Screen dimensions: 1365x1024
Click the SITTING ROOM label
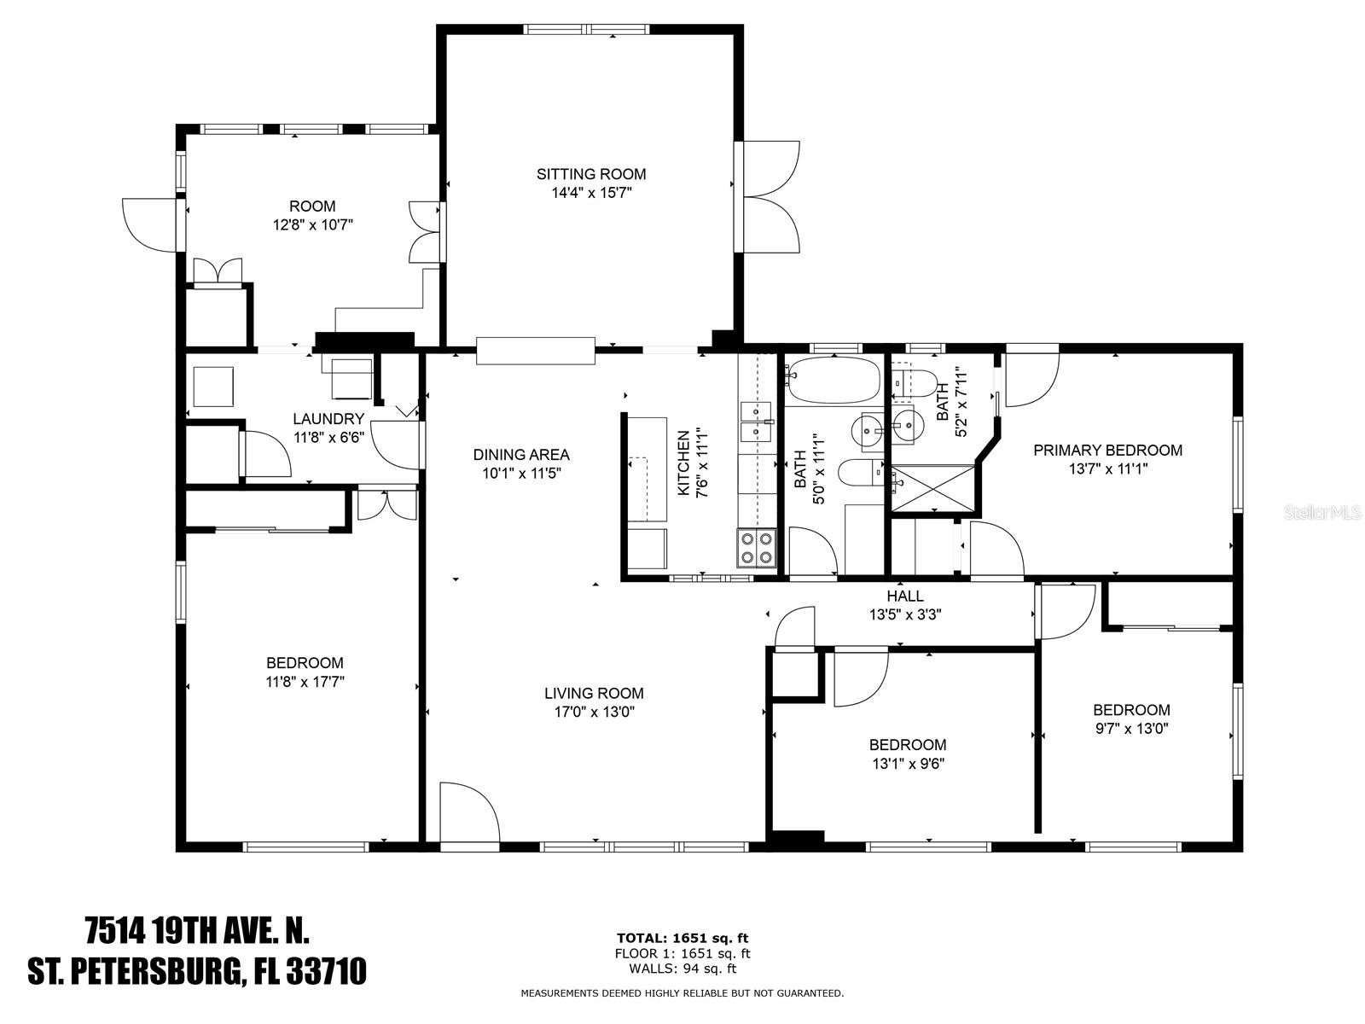[590, 174]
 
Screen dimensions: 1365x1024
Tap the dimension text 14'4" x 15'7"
[591, 193]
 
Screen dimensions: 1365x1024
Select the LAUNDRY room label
[328, 418]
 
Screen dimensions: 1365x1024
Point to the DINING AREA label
[521, 455]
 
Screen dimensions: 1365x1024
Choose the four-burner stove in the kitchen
[757, 548]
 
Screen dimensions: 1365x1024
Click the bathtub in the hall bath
[834, 380]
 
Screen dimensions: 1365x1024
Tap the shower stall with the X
[932, 488]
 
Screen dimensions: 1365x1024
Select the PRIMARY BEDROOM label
[1107, 451]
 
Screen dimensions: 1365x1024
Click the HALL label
[905, 596]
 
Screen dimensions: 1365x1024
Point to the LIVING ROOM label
[594, 693]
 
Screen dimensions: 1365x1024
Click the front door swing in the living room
[469, 812]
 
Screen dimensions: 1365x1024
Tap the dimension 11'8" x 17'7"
[305, 682]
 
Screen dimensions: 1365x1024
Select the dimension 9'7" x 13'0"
[1132, 728]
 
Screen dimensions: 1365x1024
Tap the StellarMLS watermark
[1321, 513]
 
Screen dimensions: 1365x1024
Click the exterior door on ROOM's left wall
[150, 225]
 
